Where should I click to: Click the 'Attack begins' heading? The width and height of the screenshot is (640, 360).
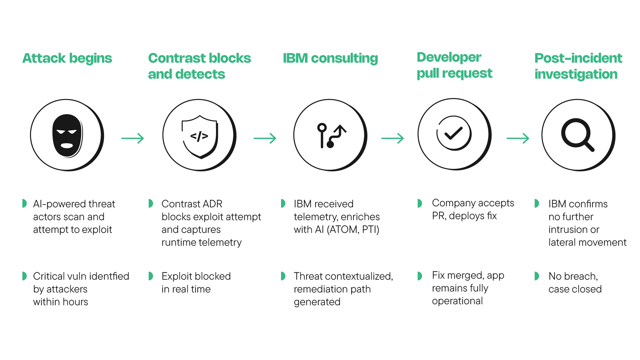tap(67, 58)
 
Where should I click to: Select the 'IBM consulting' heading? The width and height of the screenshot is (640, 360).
tap(330, 58)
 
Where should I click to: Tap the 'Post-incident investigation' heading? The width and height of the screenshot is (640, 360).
tap(578, 66)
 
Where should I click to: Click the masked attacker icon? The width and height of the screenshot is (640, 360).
tap(67, 135)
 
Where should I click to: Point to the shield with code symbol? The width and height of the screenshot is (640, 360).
tap(199, 136)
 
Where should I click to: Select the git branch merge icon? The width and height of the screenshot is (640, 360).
tap(331, 135)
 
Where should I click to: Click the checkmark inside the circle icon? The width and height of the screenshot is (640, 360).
tap(454, 133)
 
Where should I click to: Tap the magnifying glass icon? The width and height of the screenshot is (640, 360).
tap(577, 135)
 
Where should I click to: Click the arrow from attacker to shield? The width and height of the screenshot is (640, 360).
tap(133, 138)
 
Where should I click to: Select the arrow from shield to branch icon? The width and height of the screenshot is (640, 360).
tap(265, 138)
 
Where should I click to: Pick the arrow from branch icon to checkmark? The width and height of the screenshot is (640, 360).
tap(393, 138)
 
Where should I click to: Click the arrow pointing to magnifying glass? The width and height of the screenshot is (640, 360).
tap(518, 138)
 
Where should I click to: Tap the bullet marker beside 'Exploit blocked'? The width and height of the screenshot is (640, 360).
tap(151, 276)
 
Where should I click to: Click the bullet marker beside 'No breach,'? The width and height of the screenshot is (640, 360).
tap(536, 276)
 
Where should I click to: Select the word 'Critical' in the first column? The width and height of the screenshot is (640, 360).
tap(49, 276)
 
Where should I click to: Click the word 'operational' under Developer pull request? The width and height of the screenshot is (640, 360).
tap(457, 301)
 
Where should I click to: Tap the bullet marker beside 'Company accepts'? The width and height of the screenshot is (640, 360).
tap(420, 203)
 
